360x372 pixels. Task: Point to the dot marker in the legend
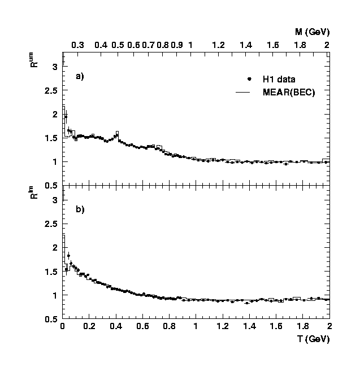click(249, 79)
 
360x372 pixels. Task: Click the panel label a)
click(80, 76)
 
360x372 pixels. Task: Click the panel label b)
click(80, 209)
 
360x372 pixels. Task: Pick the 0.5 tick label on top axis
click(118, 45)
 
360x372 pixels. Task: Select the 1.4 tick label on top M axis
click(246, 45)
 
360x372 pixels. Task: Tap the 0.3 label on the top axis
click(78, 45)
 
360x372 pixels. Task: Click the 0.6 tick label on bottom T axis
click(142, 326)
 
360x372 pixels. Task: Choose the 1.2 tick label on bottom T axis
click(222, 326)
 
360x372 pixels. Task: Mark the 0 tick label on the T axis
click(62, 326)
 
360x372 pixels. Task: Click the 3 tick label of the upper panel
click(55, 67)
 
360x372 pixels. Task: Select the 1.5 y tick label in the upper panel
click(51, 138)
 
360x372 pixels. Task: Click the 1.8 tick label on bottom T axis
click(302, 326)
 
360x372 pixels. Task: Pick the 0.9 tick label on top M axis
click(177, 45)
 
